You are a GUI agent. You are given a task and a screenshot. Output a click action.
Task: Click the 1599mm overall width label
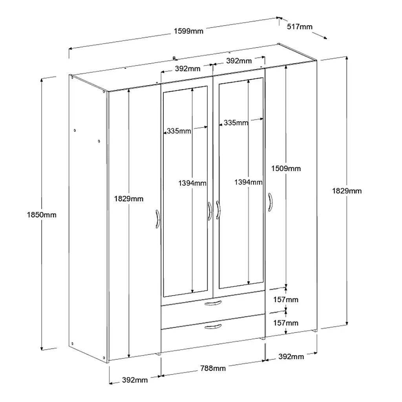click(x=188, y=31)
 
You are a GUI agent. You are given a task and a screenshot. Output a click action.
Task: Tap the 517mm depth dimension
click(x=300, y=27)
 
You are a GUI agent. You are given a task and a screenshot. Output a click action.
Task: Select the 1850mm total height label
click(x=42, y=215)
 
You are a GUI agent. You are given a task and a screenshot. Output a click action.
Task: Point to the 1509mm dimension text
click(x=286, y=168)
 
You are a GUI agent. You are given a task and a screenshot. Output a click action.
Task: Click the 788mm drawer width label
click(x=213, y=368)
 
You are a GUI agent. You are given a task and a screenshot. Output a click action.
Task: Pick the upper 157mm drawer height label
click(x=286, y=300)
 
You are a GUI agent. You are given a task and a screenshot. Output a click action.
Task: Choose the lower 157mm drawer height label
click(x=286, y=323)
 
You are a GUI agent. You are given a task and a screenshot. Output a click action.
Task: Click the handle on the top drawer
click(x=213, y=303)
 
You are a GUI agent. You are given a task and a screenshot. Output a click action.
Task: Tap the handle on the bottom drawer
click(x=213, y=326)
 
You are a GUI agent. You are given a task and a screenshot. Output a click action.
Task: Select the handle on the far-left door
click(x=158, y=219)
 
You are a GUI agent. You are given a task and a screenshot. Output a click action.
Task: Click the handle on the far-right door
click(x=270, y=202)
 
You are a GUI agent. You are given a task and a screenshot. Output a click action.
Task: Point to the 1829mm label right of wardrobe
click(x=347, y=191)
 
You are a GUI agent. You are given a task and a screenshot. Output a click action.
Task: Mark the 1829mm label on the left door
click(x=128, y=199)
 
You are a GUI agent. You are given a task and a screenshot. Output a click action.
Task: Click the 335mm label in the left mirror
click(x=179, y=131)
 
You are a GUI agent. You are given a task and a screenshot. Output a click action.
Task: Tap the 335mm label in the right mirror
click(x=236, y=123)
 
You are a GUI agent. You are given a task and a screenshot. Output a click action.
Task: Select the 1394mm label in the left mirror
click(x=192, y=183)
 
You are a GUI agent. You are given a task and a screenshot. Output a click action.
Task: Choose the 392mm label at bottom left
click(x=135, y=380)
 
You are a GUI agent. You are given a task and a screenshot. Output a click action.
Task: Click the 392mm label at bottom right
click(x=291, y=356)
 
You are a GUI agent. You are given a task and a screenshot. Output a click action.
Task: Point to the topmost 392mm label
click(x=239, y=61)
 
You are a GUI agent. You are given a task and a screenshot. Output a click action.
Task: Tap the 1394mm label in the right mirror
click(x=248, y=182)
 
